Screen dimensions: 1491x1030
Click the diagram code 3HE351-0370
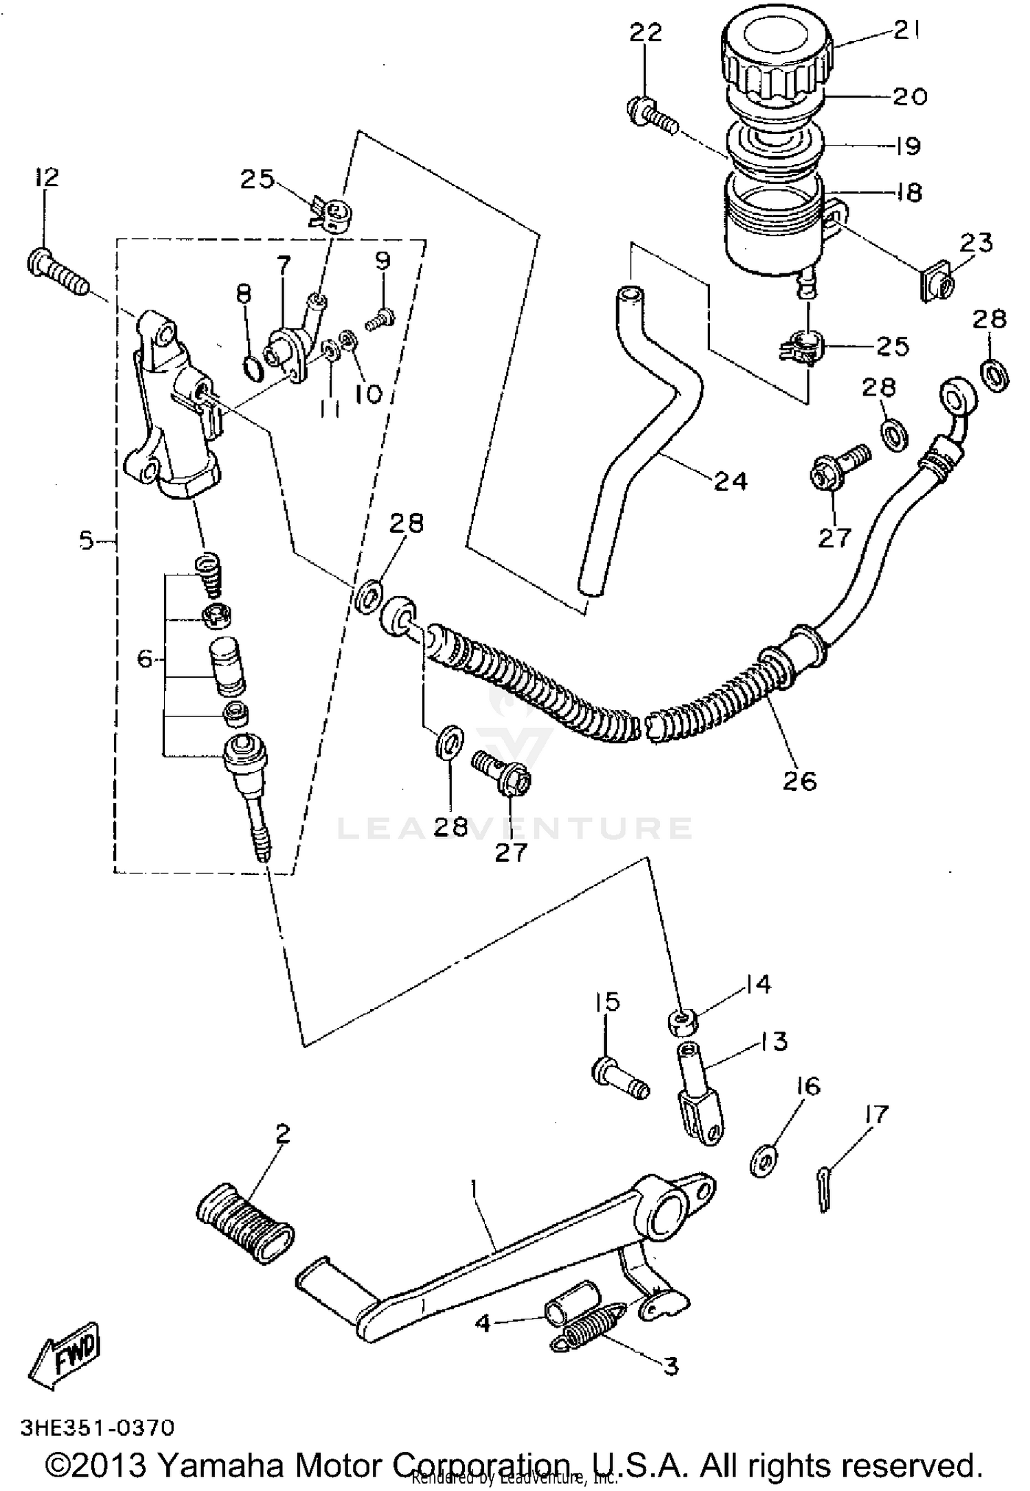(x=98, y=1427)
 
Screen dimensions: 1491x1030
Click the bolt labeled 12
(x=58, y=273)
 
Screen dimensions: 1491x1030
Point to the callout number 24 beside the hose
(x=730, y=481)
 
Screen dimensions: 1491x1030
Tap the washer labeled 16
(x=764, y=1160)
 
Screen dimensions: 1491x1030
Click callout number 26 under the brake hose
(x=800, y=781)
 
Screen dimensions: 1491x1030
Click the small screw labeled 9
(x=378, y=319)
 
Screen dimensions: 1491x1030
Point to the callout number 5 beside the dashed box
(x=87, y=541)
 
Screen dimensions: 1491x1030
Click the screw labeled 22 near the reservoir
(x=652, y=116)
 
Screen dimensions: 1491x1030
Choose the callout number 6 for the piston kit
(x=145, y=659)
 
